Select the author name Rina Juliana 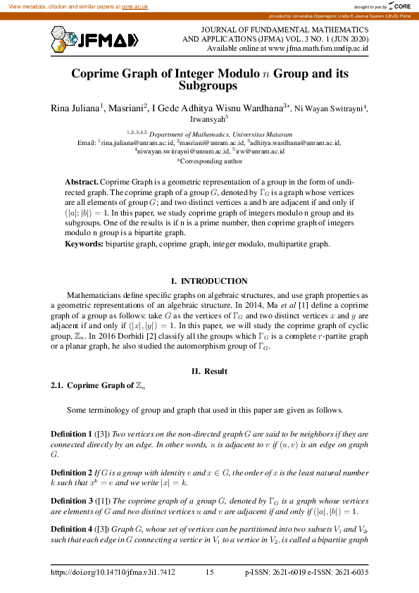[75, 108]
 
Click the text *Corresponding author [209, 161]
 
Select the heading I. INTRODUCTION [209, 281]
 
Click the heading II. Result [209, 371]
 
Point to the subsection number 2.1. [57, 385]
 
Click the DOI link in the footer [113, 573]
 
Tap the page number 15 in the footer [210, 573]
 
